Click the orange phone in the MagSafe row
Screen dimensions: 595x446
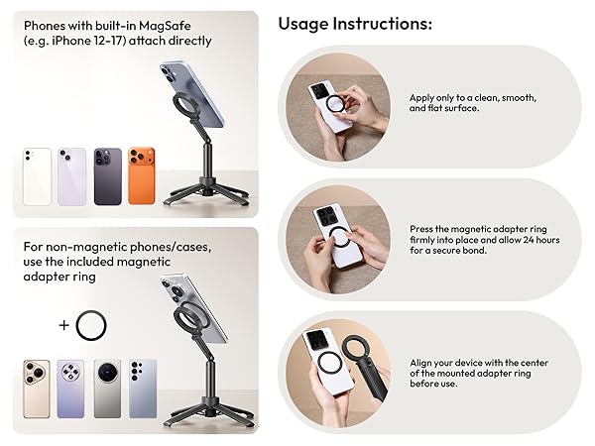click(x=142, y=176)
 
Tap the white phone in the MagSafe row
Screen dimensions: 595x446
click(x=38, y=176)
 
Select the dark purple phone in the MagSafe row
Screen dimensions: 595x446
click(x=108, y=176)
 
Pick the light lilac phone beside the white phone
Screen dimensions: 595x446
click(x=71, y=176)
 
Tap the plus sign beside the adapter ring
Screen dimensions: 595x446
click(x=64, y=325)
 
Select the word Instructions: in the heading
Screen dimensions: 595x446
click(x=383, y=24)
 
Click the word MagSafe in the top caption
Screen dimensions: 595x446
click(x=165, y=26)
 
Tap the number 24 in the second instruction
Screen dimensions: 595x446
click(x=529, y=240)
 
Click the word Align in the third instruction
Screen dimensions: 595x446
click(x=419, y=364)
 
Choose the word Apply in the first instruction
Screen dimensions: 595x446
click(x=421, y=98)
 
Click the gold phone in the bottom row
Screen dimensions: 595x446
click(x=37, y=389)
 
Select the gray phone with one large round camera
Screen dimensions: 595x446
click(x=107, y=389)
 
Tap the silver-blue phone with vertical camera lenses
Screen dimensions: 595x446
click(x=143, y=389)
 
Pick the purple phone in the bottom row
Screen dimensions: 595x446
click(x=70, y=389)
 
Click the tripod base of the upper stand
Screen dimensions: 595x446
click(x=207, y=194)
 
